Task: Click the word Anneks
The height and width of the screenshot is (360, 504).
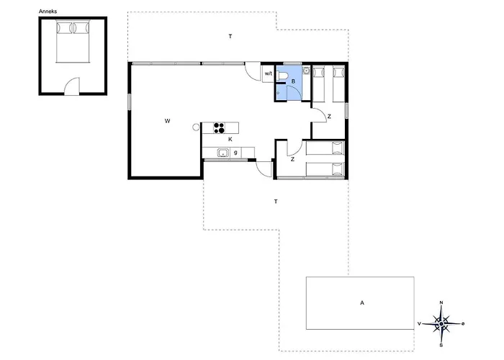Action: click(48, 12)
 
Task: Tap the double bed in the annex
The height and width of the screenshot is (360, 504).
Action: click(72, 42)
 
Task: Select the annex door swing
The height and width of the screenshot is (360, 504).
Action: click(71, 86)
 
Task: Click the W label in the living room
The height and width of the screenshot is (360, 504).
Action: click(167, 121)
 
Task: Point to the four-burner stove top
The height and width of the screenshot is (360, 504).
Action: click(219, 127)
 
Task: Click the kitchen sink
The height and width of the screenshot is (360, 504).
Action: click(222, 153)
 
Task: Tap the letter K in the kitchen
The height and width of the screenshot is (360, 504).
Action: click(230, 139)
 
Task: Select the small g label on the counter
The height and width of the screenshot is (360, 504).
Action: click(235, 153)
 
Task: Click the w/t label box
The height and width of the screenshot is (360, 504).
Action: click(269, 73)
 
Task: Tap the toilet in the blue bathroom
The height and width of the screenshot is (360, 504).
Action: click(282, 76)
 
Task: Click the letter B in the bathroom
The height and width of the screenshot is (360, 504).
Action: click(293, 81)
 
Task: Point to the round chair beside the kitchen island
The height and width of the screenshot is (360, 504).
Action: click(196, 127)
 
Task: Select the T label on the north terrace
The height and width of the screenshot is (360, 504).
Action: click(230, 36)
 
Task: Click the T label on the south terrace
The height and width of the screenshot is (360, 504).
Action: click(276, 202)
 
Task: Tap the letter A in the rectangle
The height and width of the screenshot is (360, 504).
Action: click(362, 303)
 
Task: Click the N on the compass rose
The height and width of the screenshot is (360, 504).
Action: click(441, 302)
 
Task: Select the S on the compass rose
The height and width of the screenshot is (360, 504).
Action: click(441, 346)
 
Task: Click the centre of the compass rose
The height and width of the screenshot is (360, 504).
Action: click(441, 324)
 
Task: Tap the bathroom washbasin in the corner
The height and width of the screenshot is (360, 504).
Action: click(307, 70)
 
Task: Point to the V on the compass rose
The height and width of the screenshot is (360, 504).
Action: click(419, 324)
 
